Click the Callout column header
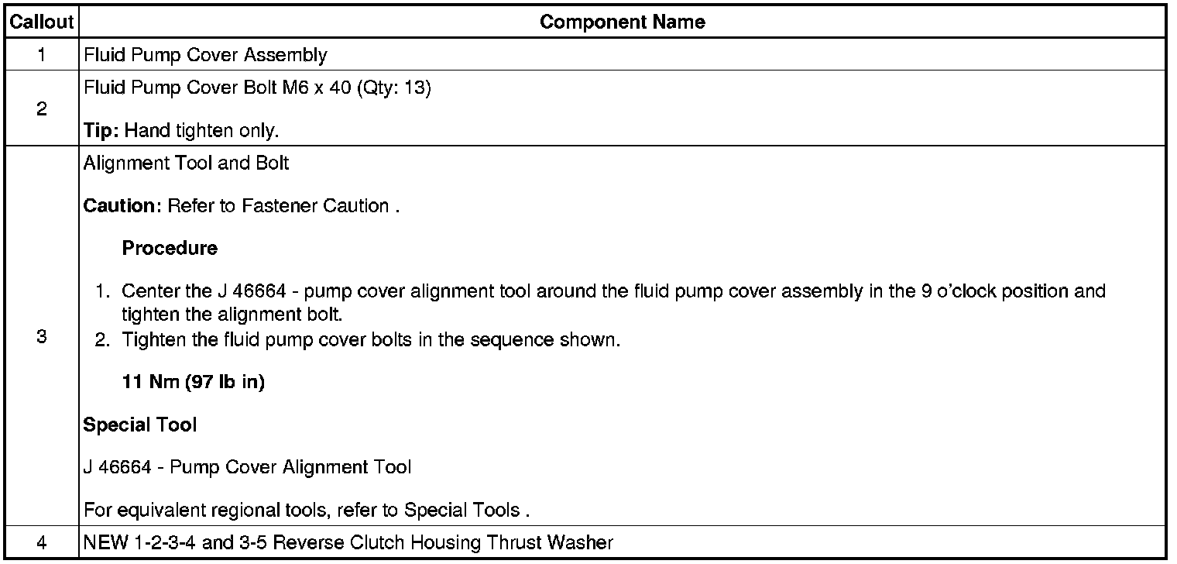point(41,22)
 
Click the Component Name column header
point(622,22)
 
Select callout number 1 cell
point(41,55)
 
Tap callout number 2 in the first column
point(41,109)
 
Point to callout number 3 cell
point(41,337)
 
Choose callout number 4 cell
point(41,543)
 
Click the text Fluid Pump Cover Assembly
point(205,55)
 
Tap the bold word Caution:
point(121,206)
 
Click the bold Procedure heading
point(170,249)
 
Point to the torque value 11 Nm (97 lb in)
point(194,383)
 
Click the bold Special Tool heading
point(140,425)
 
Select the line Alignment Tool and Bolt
point(175,164)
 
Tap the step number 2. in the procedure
point(103,340)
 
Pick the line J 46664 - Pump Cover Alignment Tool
point(247,467)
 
